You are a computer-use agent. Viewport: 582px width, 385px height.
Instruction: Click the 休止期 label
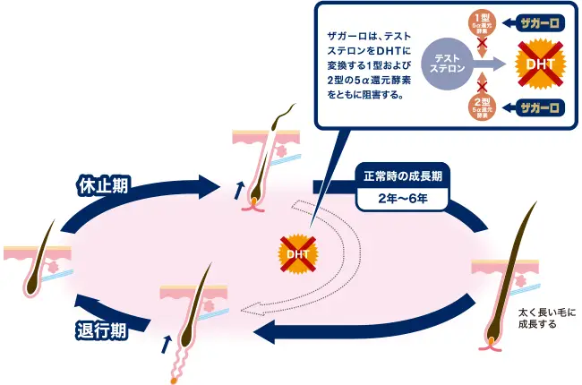click(x=103, y=184)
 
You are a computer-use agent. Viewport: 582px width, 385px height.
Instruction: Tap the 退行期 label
click(x=101, y=330)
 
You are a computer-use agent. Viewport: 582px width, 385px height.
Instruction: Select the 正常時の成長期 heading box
click(x=402, y=176)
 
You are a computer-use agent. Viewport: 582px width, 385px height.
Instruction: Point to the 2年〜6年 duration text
click(x=403, y=199)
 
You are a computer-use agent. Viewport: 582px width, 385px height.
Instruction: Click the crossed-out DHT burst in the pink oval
click(x=297, y=254)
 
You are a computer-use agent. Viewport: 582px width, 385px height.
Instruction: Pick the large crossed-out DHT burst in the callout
click(x=541, y=64)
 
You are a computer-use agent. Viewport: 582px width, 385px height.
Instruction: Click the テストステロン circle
click(x=449, y=64)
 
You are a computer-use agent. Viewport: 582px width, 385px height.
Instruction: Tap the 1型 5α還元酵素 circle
click(x=482, y=24)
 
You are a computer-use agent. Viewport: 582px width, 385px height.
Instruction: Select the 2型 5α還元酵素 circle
click(x=482, y=107)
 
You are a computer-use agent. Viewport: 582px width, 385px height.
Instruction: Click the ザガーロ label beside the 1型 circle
click(x=540, y=23)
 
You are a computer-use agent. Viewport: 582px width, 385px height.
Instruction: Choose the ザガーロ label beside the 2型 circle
click(x=540, y=108)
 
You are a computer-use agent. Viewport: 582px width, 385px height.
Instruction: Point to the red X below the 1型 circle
click(x=482, y=43)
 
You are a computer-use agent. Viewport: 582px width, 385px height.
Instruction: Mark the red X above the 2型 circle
click(x=482, y=87)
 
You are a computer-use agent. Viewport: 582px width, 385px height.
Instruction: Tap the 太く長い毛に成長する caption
click(x=547, y=318)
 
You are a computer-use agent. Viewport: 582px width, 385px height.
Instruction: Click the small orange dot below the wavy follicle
click(x=174, y=381)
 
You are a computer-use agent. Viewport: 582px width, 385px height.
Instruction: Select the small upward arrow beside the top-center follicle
click(x=239, y=190)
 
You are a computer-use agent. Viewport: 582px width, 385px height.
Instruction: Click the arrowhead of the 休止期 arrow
click(x=210, y=186)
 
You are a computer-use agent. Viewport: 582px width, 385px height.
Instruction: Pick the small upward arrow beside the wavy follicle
click(x=167, y=345)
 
